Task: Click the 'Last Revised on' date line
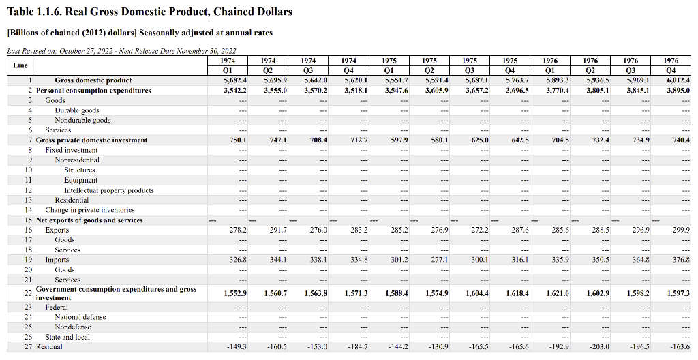point(121,51)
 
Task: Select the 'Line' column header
point(20,65)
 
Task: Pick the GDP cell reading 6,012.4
point(678,80)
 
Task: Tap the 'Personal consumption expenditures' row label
point(93,91)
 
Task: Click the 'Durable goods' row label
point(77,110)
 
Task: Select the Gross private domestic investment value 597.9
point(397,140)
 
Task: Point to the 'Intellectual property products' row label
point(109,190)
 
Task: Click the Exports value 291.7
point(277,230)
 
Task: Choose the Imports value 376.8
point(681,260)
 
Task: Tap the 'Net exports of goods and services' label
point(89,220)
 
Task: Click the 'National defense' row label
point(80,317)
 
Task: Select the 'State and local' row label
point(67,337)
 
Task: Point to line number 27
point(29,347)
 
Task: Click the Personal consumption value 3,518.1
point(356,91)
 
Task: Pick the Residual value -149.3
point(236,347)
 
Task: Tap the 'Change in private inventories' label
point(90,210)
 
